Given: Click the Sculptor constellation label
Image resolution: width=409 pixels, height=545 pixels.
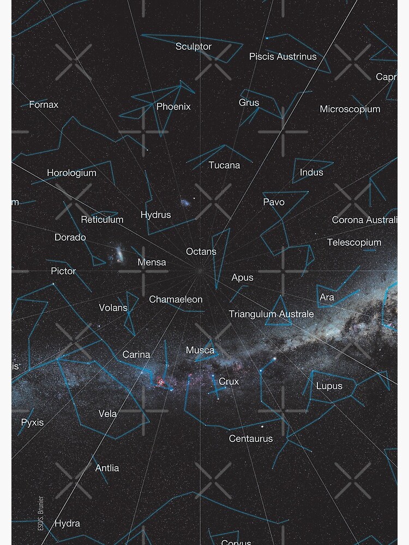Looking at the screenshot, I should [x=193, y=47].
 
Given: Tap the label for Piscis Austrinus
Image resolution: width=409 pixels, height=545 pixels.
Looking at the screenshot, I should [x=282, y=57].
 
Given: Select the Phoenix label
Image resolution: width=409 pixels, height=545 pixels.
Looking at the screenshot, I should [x=173, y=107].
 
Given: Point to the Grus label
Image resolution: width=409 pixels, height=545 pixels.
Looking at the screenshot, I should [x=249, y=102].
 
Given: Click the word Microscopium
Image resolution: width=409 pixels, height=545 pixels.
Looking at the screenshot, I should [x=350, y=110].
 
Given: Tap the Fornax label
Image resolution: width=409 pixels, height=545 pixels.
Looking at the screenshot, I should [x=44, y=105].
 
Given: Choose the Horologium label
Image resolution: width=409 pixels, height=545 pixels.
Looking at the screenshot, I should [x=71, y=173].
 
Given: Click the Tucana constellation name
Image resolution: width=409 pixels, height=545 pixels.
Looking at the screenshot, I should [x=224, y=165].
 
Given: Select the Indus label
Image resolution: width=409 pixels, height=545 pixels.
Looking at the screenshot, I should [x=311, y=173].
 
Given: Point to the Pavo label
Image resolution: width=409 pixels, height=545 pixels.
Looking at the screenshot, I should [x=274, y=202].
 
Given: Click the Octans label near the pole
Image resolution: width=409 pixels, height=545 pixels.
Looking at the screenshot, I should [x=201, y=252].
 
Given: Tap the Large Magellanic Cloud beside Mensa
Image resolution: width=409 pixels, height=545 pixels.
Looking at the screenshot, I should [x=118, y=253].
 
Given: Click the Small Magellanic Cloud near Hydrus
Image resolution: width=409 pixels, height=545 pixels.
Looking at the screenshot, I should [x=185, y=203].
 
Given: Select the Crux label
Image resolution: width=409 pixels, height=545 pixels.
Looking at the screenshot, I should [x=229, y=381].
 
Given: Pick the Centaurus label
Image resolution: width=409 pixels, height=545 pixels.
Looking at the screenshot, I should [x=251, y=439].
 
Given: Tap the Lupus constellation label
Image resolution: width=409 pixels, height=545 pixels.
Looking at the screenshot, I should [x=329, y=386].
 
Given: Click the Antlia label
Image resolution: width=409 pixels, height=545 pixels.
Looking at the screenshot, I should [x=107, y=468].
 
